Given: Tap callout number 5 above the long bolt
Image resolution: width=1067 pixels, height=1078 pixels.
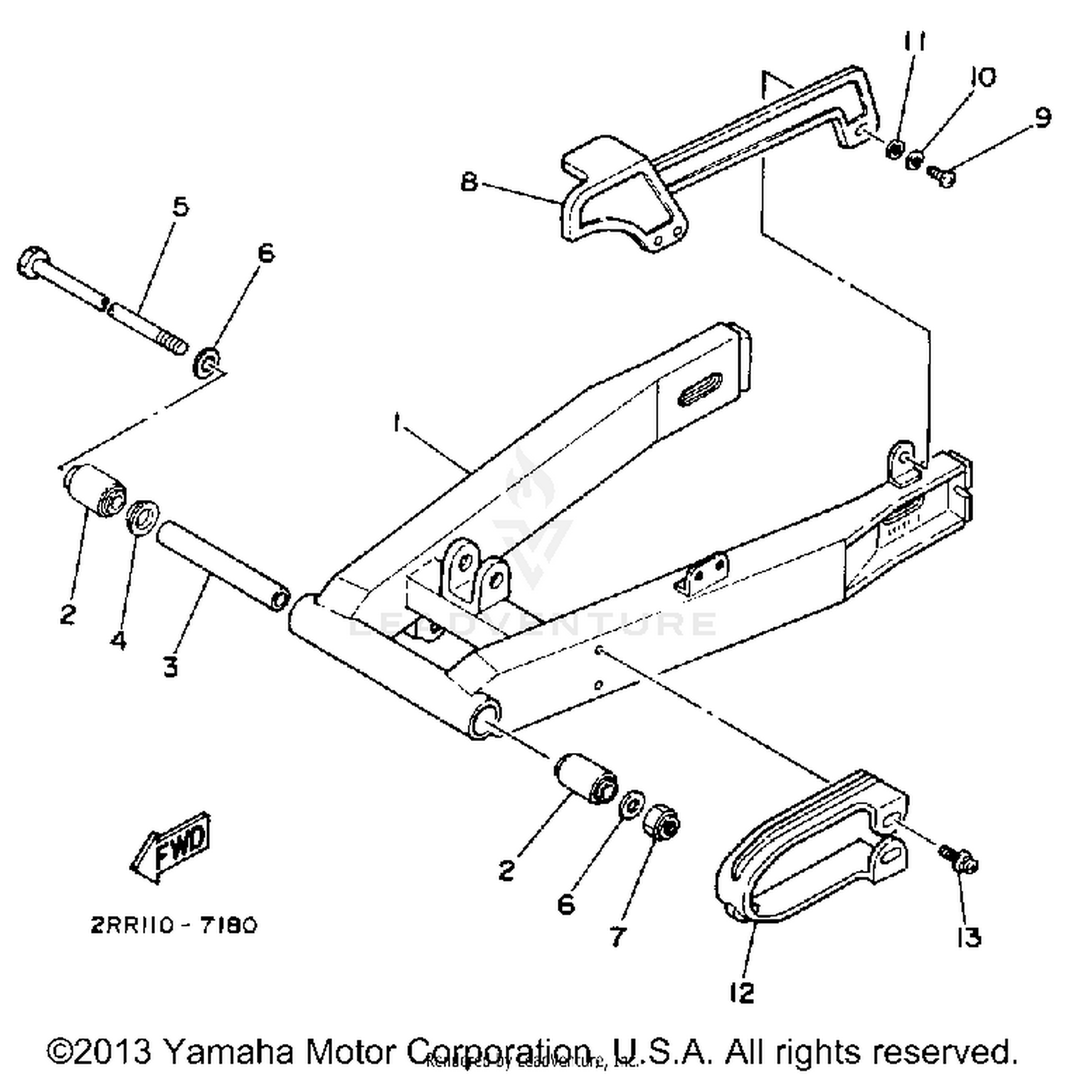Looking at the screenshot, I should click(x=181, y=207).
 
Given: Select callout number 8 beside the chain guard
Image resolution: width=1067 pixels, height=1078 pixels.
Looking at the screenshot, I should click(x=468, y=182).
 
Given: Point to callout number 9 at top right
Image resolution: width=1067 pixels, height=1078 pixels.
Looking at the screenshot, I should click(x=1042, y=116).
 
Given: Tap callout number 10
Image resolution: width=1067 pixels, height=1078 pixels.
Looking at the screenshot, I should click(x=984, y=77).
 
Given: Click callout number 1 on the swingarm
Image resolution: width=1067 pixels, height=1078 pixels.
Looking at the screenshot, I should click(x=396, y=424).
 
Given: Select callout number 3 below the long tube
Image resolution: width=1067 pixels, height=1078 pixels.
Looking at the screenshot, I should click(x=170, y=667).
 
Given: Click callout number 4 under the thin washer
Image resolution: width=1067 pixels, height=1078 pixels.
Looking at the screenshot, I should click(x=118, y=640).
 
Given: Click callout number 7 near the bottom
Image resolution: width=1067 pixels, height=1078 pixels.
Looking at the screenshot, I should click(x=617, y=936).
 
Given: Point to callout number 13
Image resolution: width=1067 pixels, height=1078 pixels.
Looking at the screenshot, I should click(x=969, y=938).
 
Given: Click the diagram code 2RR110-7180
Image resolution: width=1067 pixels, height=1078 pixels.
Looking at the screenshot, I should click(x=174, y=925).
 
